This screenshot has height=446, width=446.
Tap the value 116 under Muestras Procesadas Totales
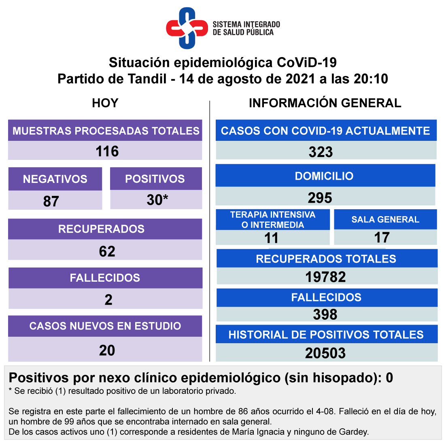pyautogui.click(x=107, y=151)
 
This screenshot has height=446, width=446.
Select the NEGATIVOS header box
pyautogui.click(x=55, y=179)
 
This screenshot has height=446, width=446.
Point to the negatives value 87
pyautogui.click(x=51, y=201)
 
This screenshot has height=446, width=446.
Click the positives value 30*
pyautogui.click(x=157, y=200)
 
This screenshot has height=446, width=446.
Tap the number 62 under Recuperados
pyautogui.click(x=107, y=251)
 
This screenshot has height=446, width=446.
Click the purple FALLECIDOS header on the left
pyautogui.click(x=105, y=278)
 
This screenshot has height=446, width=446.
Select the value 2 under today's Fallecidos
pyautogui.click(x=108, y=300)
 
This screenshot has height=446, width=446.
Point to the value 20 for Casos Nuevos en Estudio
pyautogui.click(x=107, y=350)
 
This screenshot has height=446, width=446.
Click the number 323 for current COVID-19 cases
pyautogui.click(x=321, y=152)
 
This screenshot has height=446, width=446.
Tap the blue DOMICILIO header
pyautogui.click(x=325, y=176)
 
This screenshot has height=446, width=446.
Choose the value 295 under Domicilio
pyautogui.click(x=320, y=198)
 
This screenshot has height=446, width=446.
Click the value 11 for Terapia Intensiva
pyautogui.click(x=272, y=238)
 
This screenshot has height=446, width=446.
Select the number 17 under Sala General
pyautogui.click(x=382, y=238)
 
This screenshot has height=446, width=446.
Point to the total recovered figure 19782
pyautogui.click(x=326, y=277)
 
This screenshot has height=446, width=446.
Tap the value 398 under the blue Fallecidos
pyautogui.click(x=325, y=314)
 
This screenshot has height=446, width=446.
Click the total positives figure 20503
pyautogui.click(x=326, y=353)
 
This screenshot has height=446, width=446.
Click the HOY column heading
pyautogui.click(x=105, y=103)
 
